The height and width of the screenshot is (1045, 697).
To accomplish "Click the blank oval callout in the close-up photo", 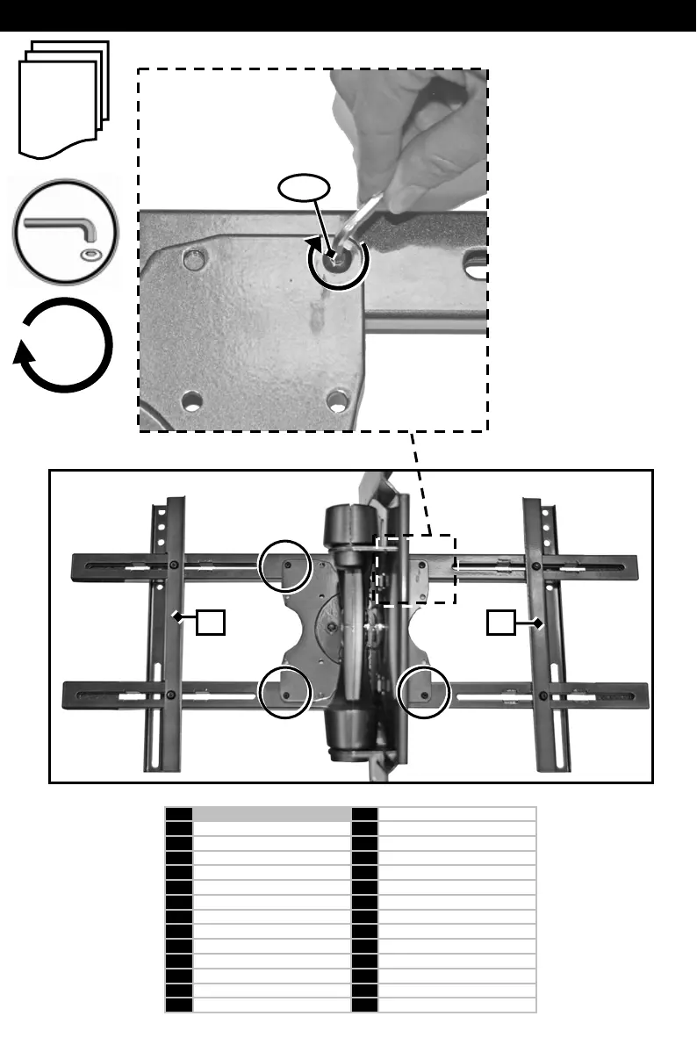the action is (x=304, y=186).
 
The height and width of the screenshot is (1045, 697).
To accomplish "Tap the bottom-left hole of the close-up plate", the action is (x=189, y=402).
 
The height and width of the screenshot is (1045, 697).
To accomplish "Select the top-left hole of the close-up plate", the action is (x=189, y=260).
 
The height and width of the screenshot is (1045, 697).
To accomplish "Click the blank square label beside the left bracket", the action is (x=210, y=623).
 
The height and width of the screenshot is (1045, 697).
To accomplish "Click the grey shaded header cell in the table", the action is (x=271, y=814).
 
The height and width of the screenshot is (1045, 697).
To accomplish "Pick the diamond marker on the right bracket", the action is (x=538, y=623).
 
